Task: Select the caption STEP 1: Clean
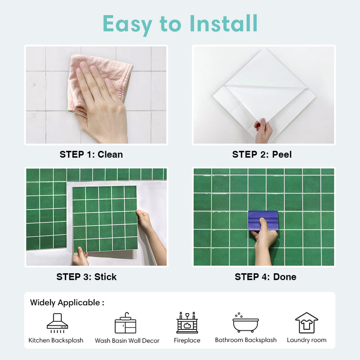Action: pyautogui.click(x=91, y=154)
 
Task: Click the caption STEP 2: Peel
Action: pyautogui.click(x=262, y=154)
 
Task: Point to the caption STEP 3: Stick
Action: pyautogui.click(x=86, y=277)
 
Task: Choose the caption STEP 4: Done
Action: pyautogui.click(x=265, y=277)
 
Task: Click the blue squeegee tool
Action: pyautogui.click(x=263, y=220)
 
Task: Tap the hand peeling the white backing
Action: pyautogui.click(x=263, y=130)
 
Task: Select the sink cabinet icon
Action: pyautogui.click(x=126, y=323)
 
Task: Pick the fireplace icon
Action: pyautogui.click(x=187, y=323)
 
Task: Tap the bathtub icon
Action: pyautogui.click(x=245, y=323)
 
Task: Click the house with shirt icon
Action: pyautogui.click(x=306, y=323)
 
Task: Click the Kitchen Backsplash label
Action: pyautogui.click(x=56, y=340)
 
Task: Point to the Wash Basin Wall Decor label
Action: pyautogui.click(x=127, y=341)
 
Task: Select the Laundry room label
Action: pyautogui.click(x=306, y=340)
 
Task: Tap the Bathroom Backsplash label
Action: pyautogui.click(x=246, y=340)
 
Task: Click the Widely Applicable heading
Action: pyautogui.click(x=67, y=302)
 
